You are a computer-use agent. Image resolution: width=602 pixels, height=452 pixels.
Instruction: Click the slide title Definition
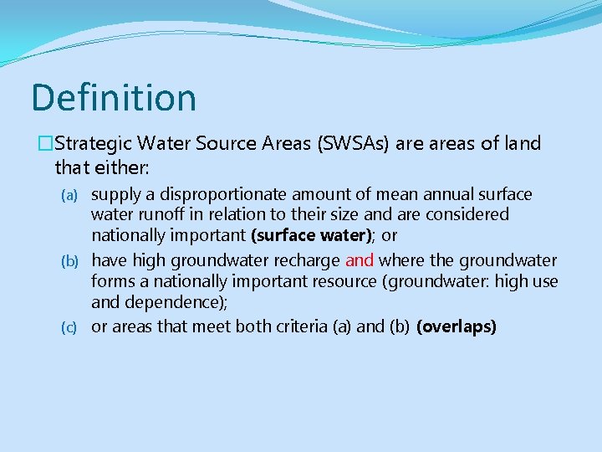click(x=114, y=97)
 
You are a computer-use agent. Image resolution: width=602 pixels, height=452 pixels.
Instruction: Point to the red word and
click(x=360, y=260)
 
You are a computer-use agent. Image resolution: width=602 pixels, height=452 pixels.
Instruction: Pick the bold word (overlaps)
click(x=456, y=326)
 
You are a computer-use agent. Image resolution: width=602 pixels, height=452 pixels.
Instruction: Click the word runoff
click(x=160, y=215)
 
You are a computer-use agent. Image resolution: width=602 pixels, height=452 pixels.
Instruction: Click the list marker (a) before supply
click(x=72, y=195)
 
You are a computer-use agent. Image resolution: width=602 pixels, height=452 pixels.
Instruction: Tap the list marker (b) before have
click(x=72, y=261)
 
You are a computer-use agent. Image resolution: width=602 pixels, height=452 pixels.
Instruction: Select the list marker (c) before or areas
click(x=72, y=327)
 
